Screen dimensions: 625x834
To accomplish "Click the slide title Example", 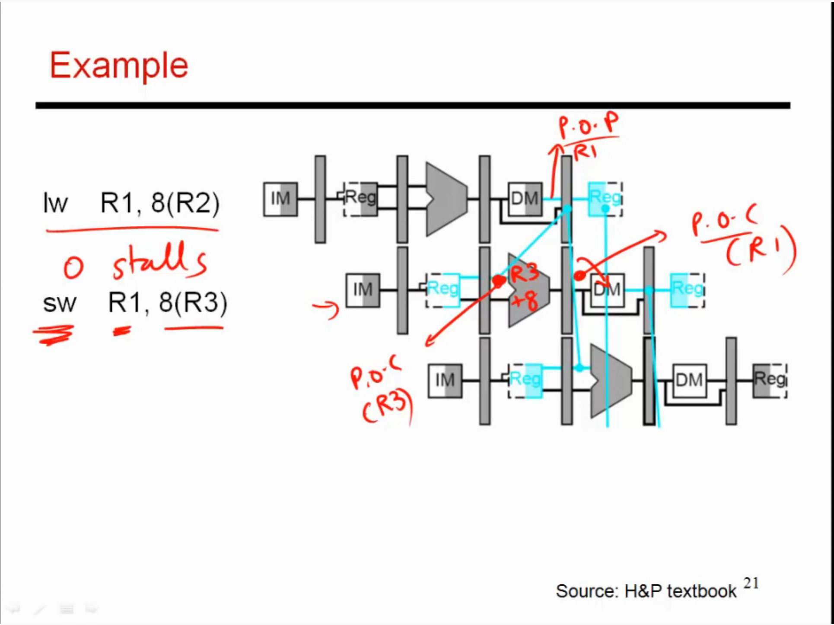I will click(x=119, y=66).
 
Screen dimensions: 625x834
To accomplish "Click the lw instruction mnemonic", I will click(x=55, y=203).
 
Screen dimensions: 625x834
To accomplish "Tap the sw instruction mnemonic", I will click(x=60, y=303).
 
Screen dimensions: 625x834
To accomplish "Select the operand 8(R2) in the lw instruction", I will click(x=185, y=203).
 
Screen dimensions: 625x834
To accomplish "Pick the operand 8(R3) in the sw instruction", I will click(x=193, y=303).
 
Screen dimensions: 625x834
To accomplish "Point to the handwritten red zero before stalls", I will click(x=73, y=267).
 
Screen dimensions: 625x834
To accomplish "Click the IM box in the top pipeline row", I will click(x=280, y=199).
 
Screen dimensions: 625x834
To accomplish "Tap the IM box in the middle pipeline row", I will click(x=363, y=290).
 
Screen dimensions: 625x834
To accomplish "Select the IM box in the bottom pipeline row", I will click(x=445, y=381).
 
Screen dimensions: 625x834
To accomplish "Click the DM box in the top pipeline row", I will click(x=525, y=199).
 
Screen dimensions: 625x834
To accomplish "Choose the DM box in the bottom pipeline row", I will click(x=690, y=381).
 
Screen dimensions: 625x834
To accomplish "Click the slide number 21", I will click(x=751, y=583).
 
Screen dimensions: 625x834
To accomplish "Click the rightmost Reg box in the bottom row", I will click(x=770, y=381).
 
